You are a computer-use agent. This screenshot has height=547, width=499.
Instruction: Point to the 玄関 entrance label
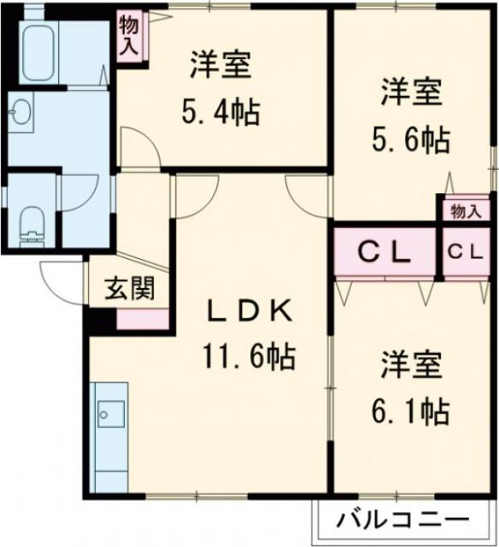(x=130, y=289)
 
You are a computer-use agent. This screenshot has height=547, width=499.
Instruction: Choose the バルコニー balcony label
(x=402, y=518)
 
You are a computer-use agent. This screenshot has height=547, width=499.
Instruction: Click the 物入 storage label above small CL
(x=466, y=211)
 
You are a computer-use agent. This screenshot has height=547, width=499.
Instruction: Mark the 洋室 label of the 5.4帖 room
(x=220, y=64)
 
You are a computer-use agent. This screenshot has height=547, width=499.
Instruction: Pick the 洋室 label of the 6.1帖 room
(x=410, y=366)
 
